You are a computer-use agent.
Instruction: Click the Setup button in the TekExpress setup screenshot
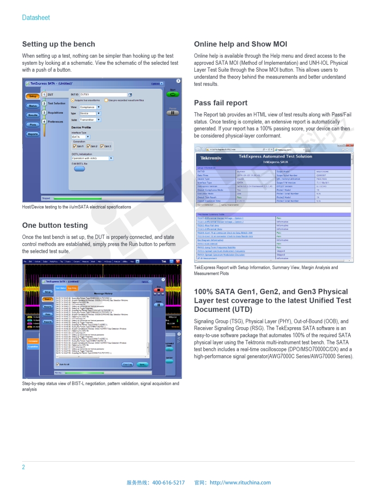[32, 97]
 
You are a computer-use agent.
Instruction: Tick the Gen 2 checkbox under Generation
[88, 146]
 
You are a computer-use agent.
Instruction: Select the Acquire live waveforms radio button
[73, 100]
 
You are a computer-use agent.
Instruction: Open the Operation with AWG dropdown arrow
[111, 159]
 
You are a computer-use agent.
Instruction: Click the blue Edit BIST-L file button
[79, 169]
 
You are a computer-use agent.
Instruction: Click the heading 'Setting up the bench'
[59, 44]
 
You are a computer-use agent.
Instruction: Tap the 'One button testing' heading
[55, 226]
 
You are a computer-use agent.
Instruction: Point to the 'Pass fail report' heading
[220, 103]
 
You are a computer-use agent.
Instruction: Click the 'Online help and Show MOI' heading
[240, 44]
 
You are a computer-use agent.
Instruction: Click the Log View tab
[73, 288]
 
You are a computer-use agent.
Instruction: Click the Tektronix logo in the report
[211, 158]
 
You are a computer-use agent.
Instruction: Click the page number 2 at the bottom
[24, 467]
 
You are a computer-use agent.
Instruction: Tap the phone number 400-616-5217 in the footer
[168, 482]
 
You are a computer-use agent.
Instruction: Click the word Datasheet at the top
[36, 18]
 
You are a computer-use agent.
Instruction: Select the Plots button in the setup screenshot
[32, 125]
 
